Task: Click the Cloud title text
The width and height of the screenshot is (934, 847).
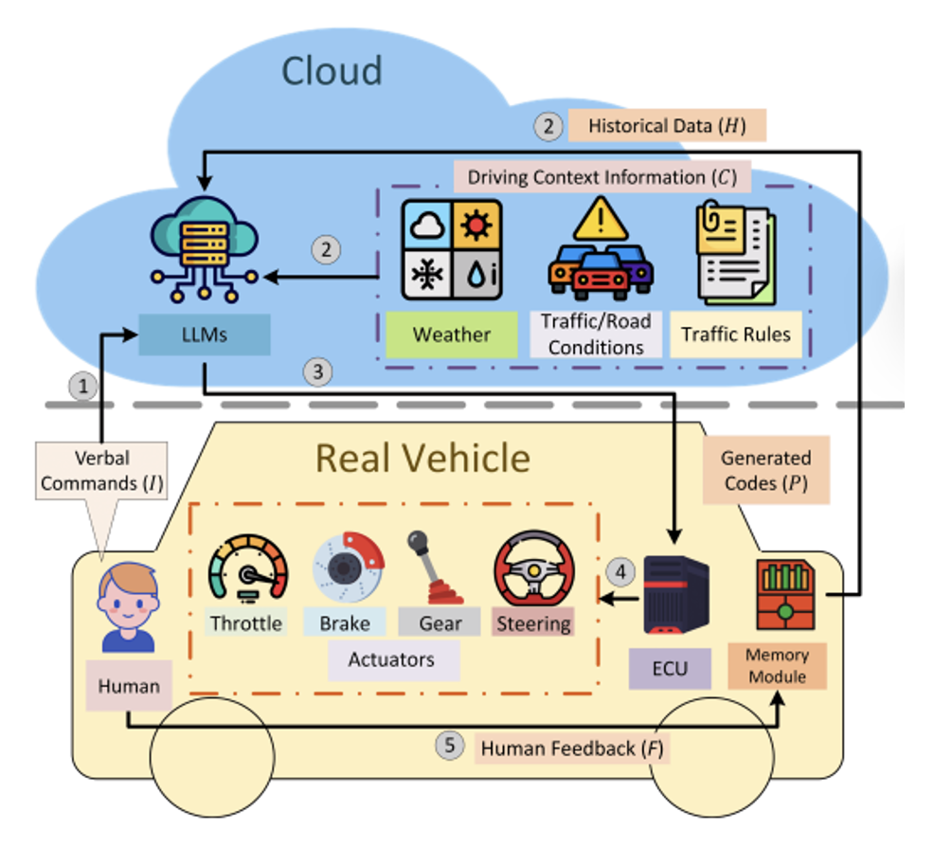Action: [x=332, y=71]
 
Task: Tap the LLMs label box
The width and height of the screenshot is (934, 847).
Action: [x=205, y=334]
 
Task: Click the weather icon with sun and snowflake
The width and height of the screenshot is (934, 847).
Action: [x=452, y=248]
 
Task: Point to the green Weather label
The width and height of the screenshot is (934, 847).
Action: [x=452, y=334]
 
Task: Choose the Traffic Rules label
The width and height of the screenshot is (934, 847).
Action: [x=736, y=334]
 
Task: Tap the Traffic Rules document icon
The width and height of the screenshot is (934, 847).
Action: [x=736, y=250]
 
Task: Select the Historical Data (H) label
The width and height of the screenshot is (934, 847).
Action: [x=666, y=126]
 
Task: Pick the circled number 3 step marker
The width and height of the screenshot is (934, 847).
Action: [x=318, y=372]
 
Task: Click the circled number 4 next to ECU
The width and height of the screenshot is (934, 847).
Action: [x=620, y=571]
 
